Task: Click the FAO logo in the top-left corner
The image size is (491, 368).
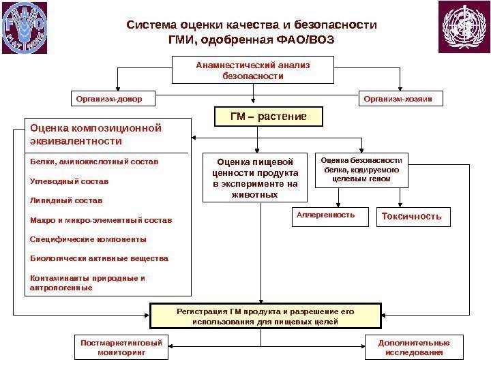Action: click(x=25, y=27)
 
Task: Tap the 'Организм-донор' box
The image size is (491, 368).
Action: click(x=113, y=99)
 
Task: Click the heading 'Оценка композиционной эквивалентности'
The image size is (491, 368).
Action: click(x=95, y=134)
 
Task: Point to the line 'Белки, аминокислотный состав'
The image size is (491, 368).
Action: click(x=94, y=162)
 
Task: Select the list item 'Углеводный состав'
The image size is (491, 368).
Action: click(x=70, y=182)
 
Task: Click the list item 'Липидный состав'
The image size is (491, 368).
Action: click(x=66, y=201)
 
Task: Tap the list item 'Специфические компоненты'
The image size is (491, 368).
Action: click(x=89, y=239)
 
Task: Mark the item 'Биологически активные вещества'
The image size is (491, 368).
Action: click(x=100, y=258)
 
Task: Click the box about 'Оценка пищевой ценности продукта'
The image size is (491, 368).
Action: click(x=255, y=178)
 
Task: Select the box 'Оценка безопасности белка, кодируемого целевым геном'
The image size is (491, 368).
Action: click(x=361, y=169)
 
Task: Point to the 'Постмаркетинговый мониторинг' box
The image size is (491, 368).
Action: click(x=121, y=348)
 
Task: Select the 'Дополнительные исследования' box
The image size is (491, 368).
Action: click(x=414, y=348)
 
